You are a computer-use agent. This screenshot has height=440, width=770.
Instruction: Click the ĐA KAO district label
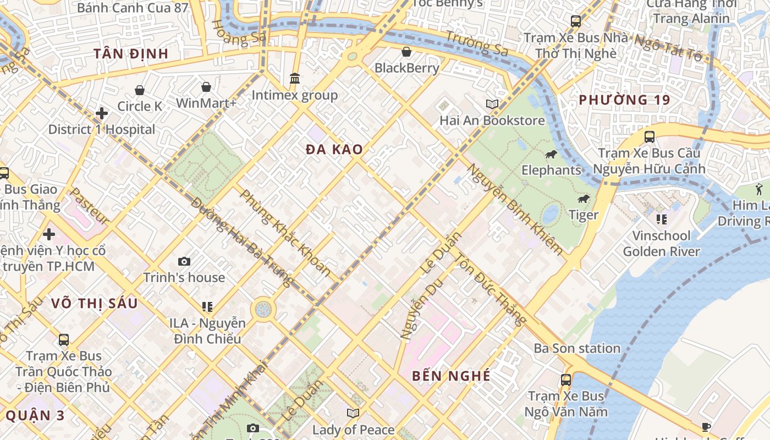(334, 149)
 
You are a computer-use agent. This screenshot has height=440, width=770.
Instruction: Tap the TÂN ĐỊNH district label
(130, 53)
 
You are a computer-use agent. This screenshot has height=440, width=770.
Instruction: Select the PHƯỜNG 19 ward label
(624, 100)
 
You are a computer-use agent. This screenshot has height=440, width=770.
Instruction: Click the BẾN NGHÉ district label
(451, 376)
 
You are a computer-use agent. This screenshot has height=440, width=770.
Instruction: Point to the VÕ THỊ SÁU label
(94, 303)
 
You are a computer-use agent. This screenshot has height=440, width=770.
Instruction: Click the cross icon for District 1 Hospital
(102, 113)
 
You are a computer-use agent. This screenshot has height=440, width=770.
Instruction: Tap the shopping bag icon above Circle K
(140, 90)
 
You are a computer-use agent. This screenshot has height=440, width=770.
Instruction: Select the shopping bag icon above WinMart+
(206, 87)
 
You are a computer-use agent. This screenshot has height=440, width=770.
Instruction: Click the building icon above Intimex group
(295, 79)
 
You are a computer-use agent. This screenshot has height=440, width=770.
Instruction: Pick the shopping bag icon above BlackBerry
(406, 52)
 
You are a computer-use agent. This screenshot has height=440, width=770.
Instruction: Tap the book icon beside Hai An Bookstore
(492, 104)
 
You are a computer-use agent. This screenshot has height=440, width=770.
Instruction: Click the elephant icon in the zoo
(551, 155)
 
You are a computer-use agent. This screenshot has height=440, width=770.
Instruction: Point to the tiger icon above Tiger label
(584, 199)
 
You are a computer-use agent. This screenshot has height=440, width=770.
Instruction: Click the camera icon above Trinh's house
(184, 261)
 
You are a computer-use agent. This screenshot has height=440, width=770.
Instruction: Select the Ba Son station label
(577, 348)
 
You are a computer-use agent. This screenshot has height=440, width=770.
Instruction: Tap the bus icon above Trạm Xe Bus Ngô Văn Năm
(565, 380)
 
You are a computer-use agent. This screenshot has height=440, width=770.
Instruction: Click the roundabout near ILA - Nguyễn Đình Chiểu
(263, 309)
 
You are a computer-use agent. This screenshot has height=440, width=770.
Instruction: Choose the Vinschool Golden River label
(661, 244)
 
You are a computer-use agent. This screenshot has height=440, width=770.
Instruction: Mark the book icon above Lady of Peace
(353, 413)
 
